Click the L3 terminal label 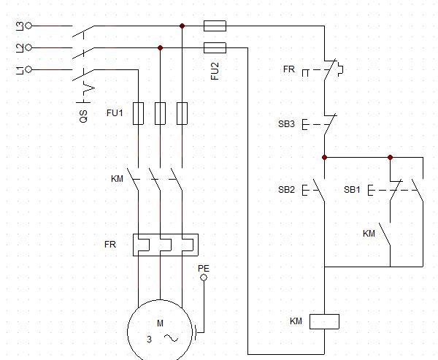[19, 26]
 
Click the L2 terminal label [19, 47]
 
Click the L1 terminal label [19, 69]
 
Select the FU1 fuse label [115, 113]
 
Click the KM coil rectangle [325, 321]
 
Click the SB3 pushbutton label [286, 124]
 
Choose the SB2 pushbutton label [286, 190]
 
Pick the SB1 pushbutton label [353, 190]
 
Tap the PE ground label [204, 268]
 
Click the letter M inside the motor [160, 323]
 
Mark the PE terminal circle [204, 277]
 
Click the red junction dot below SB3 [325, 157]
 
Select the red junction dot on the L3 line [182, 26]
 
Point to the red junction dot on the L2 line [160, 47]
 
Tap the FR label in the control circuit [289, 69]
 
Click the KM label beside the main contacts [117, 179]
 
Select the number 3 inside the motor [149, 340]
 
